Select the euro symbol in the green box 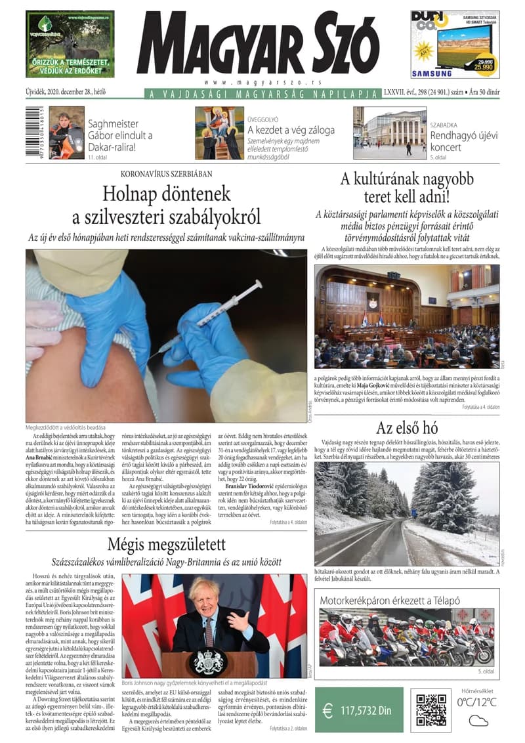pyautogui.click(x=327, y=711)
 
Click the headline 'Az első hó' pyautogui.click(x=408, y=428)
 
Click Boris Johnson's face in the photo pyautogui.click(x=204, y=599)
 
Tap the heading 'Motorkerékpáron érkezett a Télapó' pyautogui.click(x=390, y=601)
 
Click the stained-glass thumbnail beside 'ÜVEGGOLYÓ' pyautogui.click(x=219, y=133)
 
